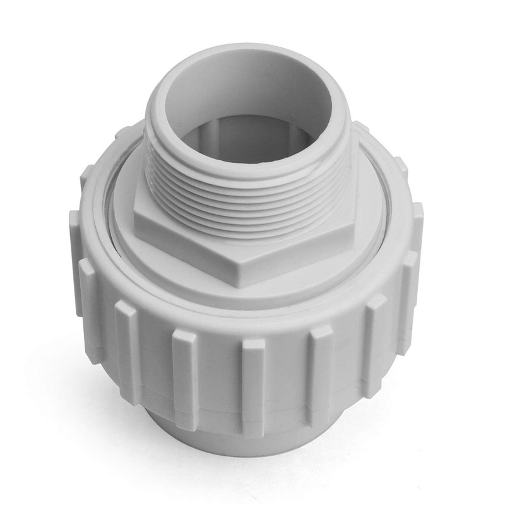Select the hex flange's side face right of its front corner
[297, 252]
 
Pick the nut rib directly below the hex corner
[252, 379]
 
